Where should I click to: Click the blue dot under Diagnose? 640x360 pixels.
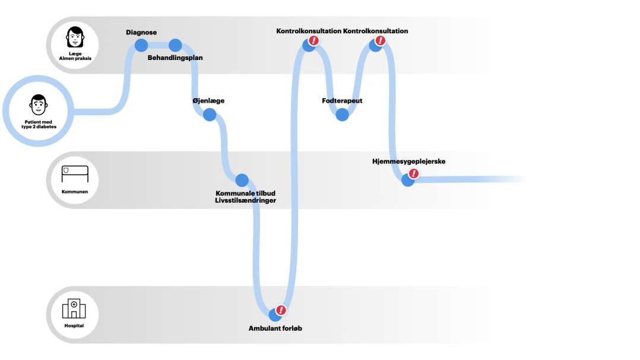click(x=141, y=45)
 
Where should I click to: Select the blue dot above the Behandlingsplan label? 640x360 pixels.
click(x=175, y=45)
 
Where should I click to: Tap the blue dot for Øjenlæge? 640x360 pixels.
click(x=210, y=115)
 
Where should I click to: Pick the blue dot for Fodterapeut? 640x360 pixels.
click(x=342, y=115)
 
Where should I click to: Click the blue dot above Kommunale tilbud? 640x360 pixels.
click(x=242, y=180)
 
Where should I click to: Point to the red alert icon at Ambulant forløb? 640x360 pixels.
click(x=281, y=310)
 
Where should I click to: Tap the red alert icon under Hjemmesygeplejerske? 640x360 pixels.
click(x=414, y=174)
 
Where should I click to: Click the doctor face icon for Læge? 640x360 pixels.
click(x=75, y=37)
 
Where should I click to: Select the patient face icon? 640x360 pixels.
click(x=38, y=106)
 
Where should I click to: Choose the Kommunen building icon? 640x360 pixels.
click(x=75, y=174)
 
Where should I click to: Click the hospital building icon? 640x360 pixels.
click(x=74, y=308)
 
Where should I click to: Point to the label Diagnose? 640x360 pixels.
click(x=141, y=32)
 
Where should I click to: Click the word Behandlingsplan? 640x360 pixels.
click(x=175, y=58)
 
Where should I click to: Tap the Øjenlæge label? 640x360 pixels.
click(x=208, y=101)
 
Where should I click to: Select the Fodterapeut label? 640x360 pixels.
click(x=342, y=101)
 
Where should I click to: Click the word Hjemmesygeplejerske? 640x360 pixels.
click(x=408, y=162)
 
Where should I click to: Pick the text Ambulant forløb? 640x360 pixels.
click(x=275, y=328)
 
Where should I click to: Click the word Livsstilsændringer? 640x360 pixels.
click(x=245, y=201)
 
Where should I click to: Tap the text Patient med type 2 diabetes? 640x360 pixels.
click(x=38, y=125)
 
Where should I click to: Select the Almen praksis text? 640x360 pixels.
click(x=75, y=58)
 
